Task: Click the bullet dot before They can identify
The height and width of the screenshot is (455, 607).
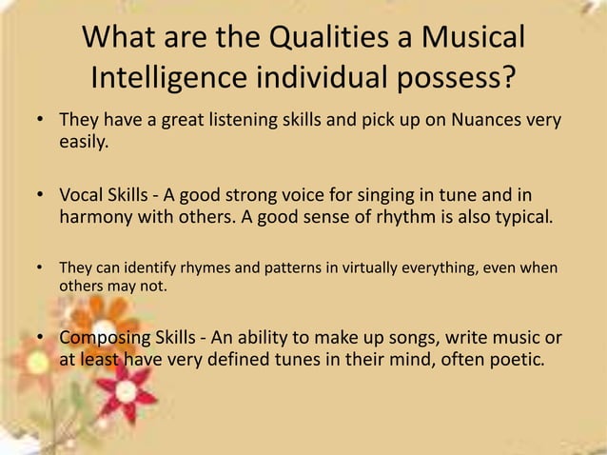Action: (42, 267)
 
